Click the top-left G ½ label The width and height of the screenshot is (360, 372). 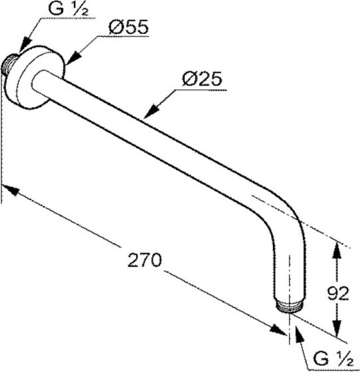68,9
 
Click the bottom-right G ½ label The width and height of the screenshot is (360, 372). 333,359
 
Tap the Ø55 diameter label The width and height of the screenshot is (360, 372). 129,27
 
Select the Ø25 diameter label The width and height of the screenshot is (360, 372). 202,78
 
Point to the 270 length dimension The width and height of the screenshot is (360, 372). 145,260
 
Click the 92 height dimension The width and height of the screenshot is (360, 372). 337,294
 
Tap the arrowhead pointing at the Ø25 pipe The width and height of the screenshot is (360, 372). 151,110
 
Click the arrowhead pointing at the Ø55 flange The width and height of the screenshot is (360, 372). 74,58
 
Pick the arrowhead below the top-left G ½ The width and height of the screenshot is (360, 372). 25,44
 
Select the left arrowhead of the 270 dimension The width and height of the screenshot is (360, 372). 10,189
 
